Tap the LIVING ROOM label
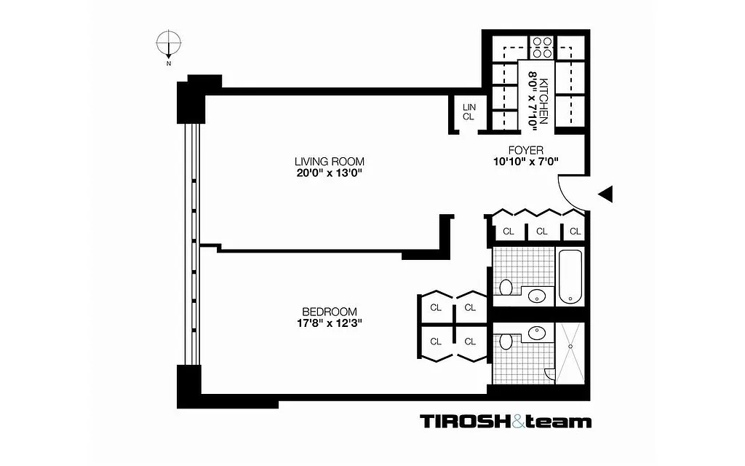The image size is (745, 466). pyautogui.click(x=329, y=162)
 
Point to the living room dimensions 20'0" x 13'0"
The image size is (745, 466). pyautogui.click(x=329, y=173)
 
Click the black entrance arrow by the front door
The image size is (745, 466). pyautogui.click(x=606, y=193)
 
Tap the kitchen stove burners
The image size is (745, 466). pyautogui.click(x=541, y=47)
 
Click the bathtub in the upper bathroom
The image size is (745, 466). pyautogui.click(x=570, y=277)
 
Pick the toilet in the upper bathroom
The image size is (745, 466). pyautogui.click(x=506, y=286)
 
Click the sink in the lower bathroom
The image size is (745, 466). pyautogui.click(x=537, y=333)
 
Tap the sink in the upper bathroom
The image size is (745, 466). pyautogui.click(x=537, y=296)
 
